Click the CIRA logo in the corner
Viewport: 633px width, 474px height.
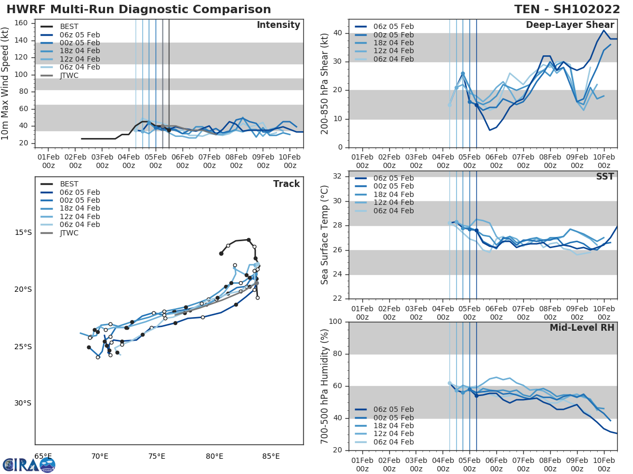pos(29,465)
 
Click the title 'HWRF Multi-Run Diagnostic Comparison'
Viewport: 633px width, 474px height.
pos(139,9)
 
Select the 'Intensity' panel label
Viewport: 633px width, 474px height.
pos(278,25)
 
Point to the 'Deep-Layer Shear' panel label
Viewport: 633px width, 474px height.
pos(570,25)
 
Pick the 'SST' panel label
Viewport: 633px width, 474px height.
pos(606,176)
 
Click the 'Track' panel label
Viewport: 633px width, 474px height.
pos(286,184)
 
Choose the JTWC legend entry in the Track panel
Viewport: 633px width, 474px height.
pos(69,233)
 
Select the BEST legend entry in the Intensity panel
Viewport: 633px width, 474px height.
pos(69,26)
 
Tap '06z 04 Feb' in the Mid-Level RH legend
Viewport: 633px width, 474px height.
pos(393,442)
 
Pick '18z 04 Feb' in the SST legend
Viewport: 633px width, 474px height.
pos(393,194)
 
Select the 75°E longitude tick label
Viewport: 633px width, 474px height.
pos(157,456)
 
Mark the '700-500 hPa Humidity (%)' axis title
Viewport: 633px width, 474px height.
pos(325,386)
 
